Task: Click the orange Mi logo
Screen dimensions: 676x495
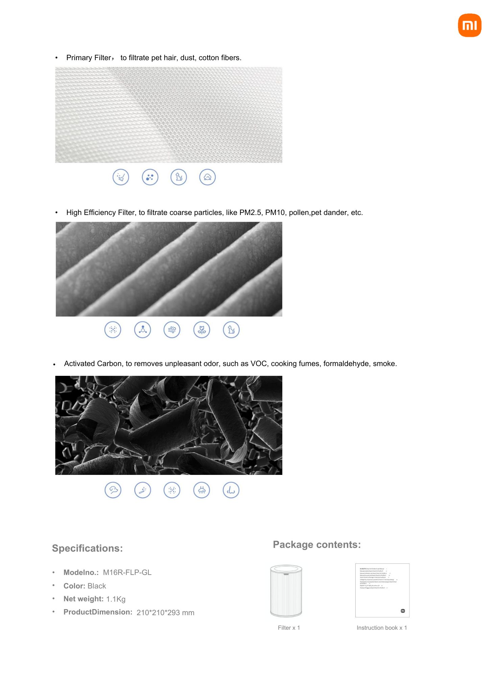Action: coord(469,25)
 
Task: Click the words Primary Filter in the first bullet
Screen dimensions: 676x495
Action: coord(89,58)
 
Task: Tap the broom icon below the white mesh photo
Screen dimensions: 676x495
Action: coord(121,177)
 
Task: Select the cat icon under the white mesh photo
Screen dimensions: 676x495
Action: coord(179,177)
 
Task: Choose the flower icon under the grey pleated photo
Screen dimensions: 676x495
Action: coord(202,330)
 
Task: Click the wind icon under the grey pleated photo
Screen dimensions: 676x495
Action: coord(172,330)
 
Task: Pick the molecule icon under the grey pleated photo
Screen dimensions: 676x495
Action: coord(143,330)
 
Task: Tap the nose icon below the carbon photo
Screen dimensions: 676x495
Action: coord(231,490)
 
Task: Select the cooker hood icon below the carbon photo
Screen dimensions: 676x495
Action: coord(202,490)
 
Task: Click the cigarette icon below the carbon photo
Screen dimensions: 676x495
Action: coord(143,490)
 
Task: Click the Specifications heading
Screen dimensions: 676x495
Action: coord(87,548)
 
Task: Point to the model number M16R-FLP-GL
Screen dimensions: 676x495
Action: coord(127,573)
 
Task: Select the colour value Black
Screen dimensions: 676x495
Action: coord(97,586)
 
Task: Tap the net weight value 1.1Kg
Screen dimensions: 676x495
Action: coord(116,599)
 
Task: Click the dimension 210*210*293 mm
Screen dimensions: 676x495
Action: coord(165,613)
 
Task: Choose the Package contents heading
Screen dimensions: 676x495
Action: coord(317,545)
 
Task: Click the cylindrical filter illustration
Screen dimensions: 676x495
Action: coord(286,591)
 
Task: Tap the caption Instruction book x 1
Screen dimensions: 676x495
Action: coord(382,628)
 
